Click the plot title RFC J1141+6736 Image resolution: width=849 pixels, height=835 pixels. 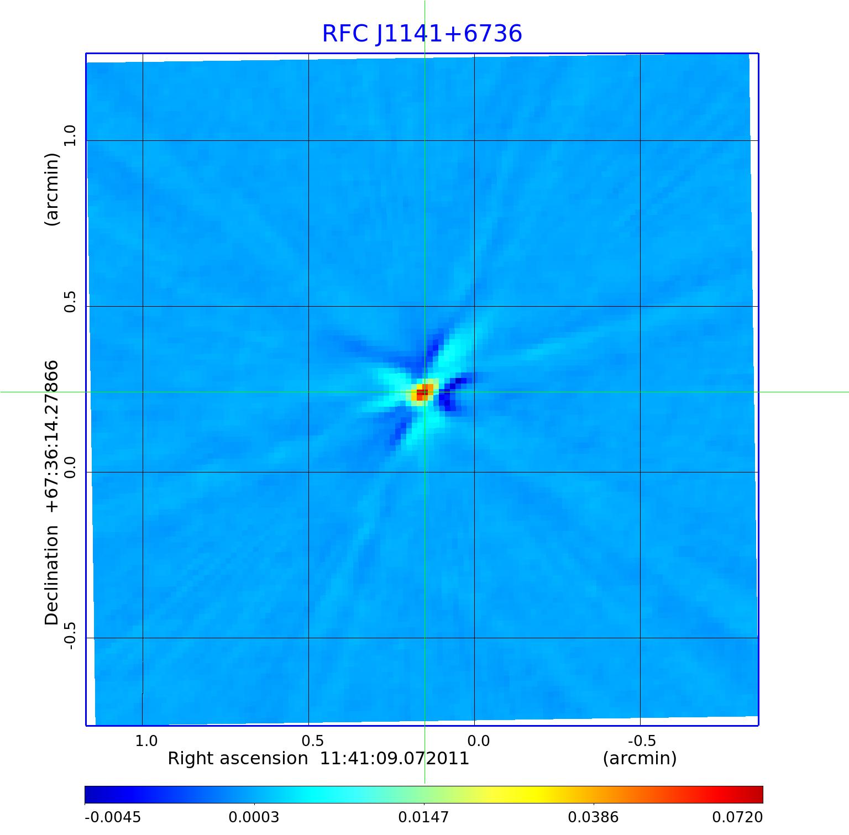(x=422, y=34)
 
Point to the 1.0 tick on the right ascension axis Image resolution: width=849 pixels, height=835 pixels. (x=146, y=741)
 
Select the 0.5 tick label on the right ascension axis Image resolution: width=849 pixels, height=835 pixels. (x=312, y=741)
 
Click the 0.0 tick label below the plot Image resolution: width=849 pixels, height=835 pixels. (x=478, y=741)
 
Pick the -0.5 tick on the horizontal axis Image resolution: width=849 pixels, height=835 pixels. (x=642, y=741)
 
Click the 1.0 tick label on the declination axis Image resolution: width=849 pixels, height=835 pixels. (x=70, y=135)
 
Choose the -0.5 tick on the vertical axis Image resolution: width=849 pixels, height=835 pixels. (x=70, y=634)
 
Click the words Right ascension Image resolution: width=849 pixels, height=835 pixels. (x=238, y=759)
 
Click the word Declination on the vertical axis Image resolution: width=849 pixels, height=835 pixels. (x=52, y=575)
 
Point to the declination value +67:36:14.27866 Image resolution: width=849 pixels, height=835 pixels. (x=52, y=437)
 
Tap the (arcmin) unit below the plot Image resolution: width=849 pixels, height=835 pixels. (x=640, y=759)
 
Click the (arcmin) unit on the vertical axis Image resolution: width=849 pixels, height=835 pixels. (x=52, y=190)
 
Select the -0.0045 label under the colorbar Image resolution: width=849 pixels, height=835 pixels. (x=113, y=817)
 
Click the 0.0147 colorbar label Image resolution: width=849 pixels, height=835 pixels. (x=424, y=817)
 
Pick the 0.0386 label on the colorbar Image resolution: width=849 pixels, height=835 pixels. (x=594, y=817)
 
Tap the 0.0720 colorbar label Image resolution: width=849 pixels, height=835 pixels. (x=737, y=817)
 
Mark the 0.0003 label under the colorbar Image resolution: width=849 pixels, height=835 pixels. (x=254, y=817)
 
